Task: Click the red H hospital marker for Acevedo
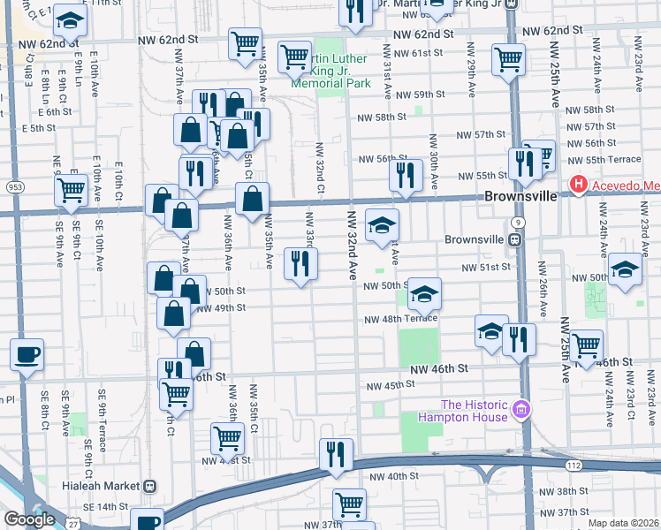[x=579, y=185]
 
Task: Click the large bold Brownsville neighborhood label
[x=520, y=196]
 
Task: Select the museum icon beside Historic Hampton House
[x=521, y=409]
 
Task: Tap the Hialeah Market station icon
[x=150, y=486]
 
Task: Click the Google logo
[x=29, y=519]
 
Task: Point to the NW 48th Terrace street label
[x=397, y=320]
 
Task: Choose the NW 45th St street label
[x=391, y=385]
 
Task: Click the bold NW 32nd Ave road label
[x=351, y=250]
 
